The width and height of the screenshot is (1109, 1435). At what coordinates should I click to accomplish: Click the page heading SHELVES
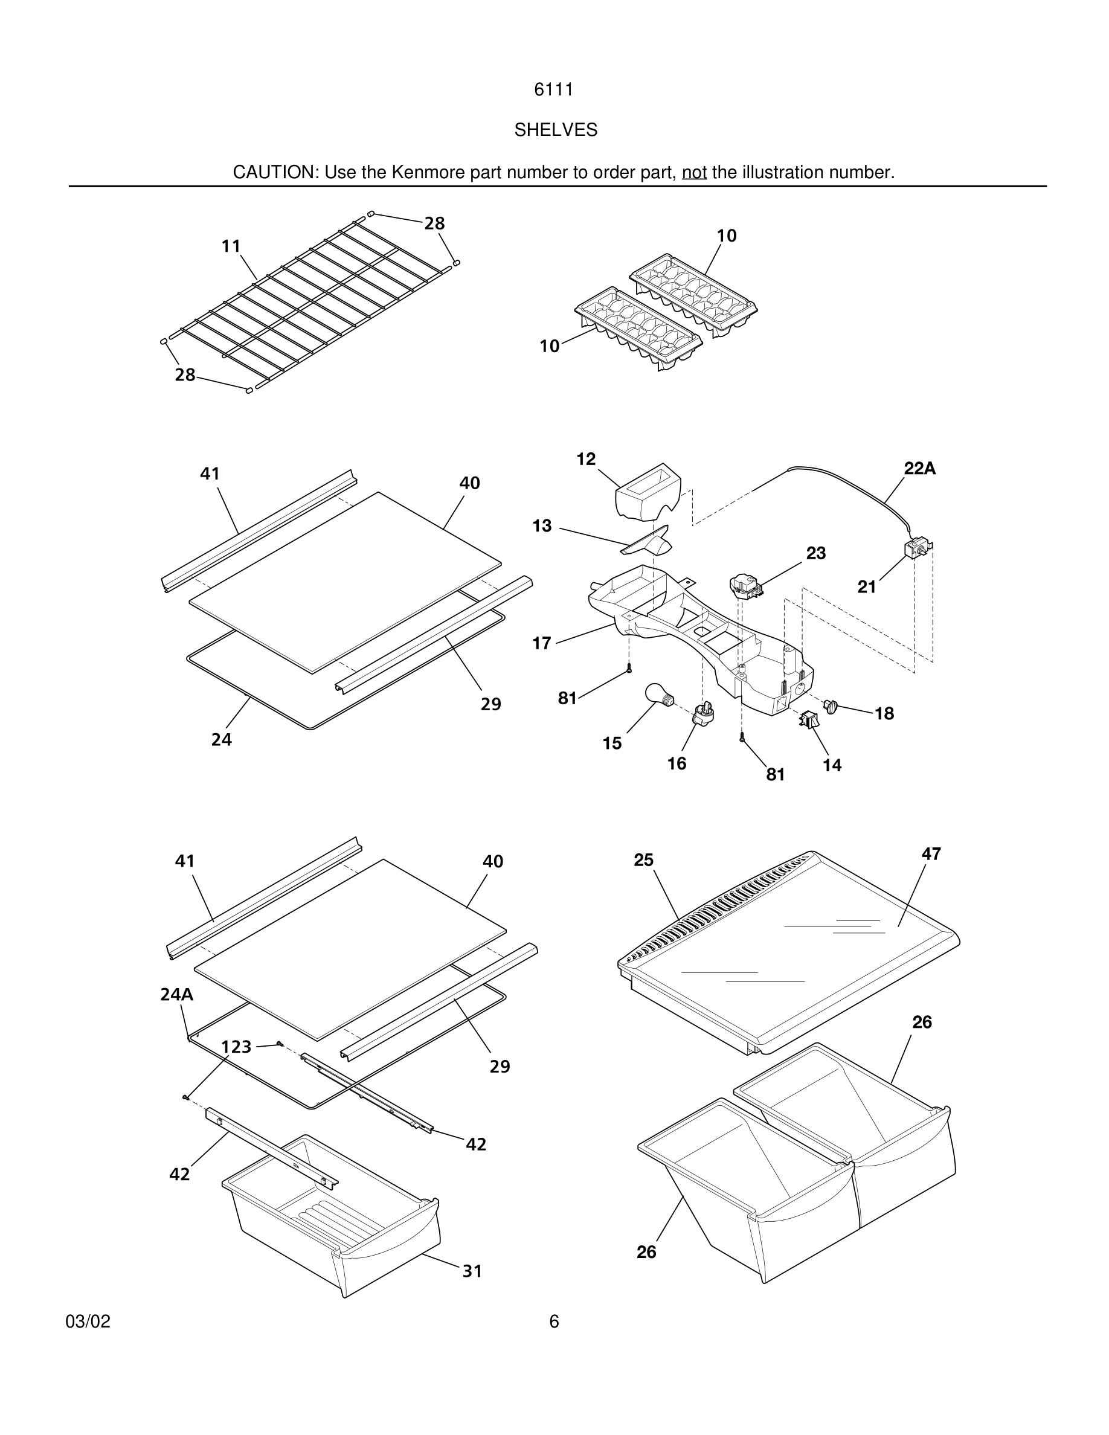pos(555,130)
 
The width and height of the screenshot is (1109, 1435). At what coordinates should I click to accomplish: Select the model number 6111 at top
pos(553,89)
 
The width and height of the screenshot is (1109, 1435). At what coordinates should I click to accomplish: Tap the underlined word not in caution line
pos(694,172)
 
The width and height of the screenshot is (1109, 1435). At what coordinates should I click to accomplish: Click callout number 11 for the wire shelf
pos(231,246)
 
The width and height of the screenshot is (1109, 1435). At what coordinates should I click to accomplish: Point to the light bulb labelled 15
pos(657,695)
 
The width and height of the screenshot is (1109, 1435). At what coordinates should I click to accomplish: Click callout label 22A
pos(920,469)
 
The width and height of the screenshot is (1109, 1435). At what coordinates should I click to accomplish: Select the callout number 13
pos(542,525)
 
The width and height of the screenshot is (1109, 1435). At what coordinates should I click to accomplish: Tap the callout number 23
pos(815,553)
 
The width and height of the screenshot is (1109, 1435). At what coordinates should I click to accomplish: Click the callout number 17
pos(541,643)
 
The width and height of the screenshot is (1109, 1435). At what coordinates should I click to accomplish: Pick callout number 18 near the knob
pos(884,713)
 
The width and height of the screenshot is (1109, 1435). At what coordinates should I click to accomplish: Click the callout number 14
pos(832,765)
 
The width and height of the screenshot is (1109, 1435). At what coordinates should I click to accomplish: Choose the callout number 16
pos(677,763)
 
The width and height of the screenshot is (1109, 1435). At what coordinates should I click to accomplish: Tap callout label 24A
pos(177,995)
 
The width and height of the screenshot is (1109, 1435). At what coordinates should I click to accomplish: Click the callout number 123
pos(237,1046)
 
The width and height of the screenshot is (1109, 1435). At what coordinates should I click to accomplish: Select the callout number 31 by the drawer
pos(472,1271)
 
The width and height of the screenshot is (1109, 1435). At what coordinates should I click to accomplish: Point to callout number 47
pos(931,853)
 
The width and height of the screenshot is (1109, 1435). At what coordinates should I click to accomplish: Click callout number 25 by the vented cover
pos(643,860)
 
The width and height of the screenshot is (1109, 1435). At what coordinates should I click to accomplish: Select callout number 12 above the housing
pos(586,459)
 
